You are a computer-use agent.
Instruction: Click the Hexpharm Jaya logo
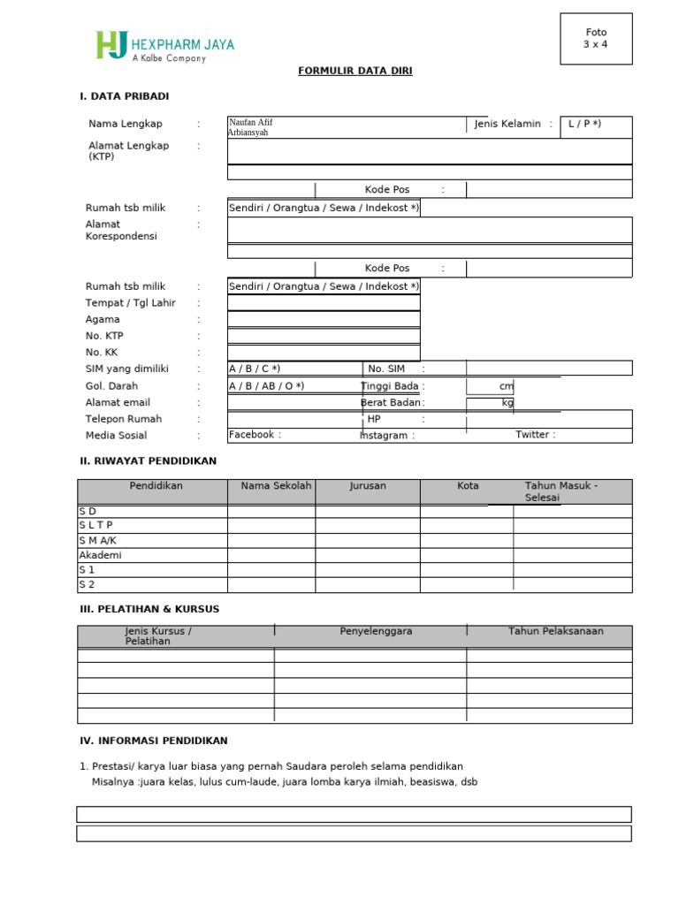tap(164, 46)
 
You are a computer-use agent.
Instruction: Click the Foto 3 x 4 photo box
tap(595, 39)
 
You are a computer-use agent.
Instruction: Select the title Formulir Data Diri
tap(355, 72)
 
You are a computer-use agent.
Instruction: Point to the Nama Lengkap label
tap(126, 125)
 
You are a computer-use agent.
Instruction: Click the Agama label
tap(103, 320)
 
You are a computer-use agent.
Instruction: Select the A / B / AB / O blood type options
tap(266, 386)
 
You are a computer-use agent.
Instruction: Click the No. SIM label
tap(386, 369)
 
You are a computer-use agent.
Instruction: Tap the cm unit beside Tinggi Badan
tap(506, 386)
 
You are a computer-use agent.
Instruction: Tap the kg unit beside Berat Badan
tap(507, 403)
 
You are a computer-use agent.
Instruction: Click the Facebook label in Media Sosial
tap(255, 435)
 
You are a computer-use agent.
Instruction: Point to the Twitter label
tap(536, 435)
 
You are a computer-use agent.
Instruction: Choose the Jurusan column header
tap(368, 486)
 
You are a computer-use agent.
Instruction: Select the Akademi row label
tap(100, 555)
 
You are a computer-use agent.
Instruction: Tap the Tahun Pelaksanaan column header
tap(555, 631)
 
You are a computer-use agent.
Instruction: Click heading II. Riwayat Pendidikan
tap(148, 461)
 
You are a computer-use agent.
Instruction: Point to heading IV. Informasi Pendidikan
tap(154, 741)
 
